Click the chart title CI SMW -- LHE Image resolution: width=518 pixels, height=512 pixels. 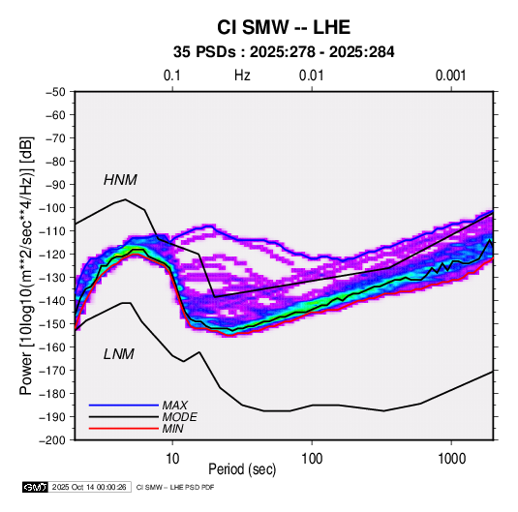[x=284, y=27]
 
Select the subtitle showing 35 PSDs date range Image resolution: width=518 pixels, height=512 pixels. [x=284, y=52]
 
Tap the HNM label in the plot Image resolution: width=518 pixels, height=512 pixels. [x=120, y=180]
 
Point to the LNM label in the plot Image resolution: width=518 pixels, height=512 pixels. [x=119, y=354]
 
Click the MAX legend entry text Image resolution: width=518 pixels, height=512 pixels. [x=174, y=405]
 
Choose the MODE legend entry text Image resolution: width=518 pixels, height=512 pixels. [x=179, y=417]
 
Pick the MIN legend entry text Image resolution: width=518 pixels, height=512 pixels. [x=172, y=429]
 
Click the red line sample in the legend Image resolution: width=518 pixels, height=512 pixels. [x=124, y=429]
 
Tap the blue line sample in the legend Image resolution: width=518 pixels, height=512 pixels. [x=124, y=405]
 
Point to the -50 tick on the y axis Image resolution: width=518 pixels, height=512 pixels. [x=55, y=92]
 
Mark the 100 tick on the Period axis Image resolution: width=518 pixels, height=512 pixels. [x=312, y=459]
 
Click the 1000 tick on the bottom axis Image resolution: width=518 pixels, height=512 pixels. [x=451, y=459]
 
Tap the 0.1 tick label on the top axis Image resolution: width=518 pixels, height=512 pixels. [x=172, y=75]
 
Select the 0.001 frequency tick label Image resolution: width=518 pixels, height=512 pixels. [x=450, y=75]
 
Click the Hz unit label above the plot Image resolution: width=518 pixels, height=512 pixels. [x=242, y=75]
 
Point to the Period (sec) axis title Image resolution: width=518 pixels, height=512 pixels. [x=242, y=469]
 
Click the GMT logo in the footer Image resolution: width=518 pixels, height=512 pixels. [x=36, y=487]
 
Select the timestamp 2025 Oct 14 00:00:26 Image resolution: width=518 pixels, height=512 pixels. [x=89, y=487]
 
